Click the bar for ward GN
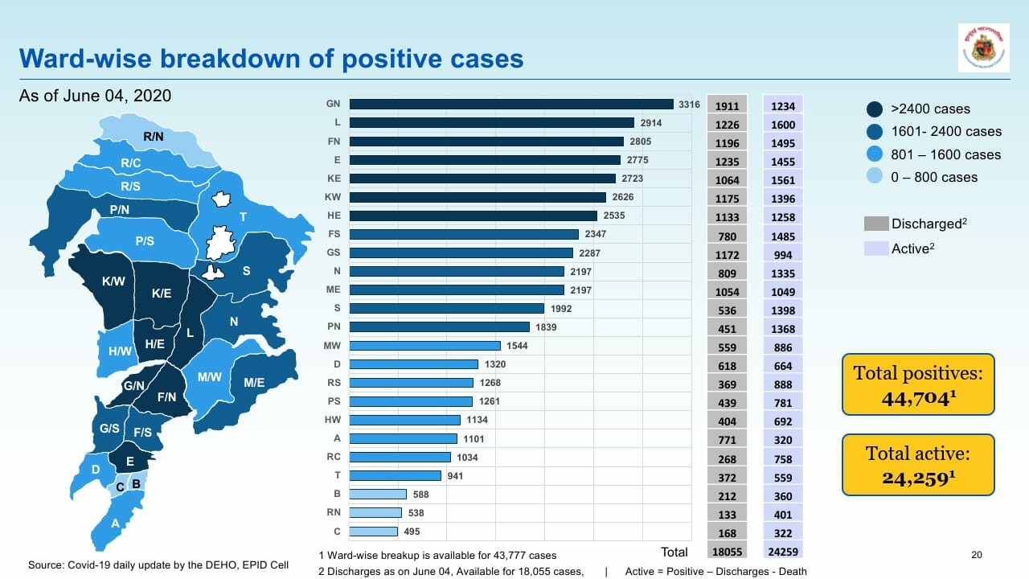coord(511,104)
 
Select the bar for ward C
coord(374,532)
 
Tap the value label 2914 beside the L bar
coord(650,123)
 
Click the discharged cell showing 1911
coord(727,106)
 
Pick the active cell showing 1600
coord(782,125)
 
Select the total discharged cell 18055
coord(727,552)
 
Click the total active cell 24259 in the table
coord(782,552)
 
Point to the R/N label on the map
coord(154,138)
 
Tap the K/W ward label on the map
coord(113,281)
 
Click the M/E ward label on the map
coord(254,383)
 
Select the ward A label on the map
coord(116,524)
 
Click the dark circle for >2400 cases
coord(875,109)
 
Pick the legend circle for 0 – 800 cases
coord(875,177)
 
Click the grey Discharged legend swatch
coord(875,224)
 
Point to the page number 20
coord(977,554)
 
